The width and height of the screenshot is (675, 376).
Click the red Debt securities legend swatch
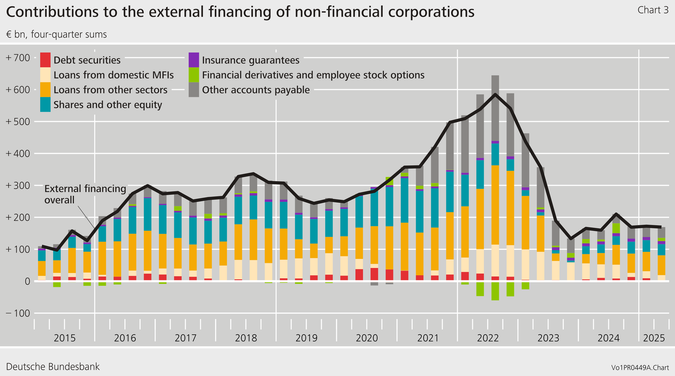[45, 60]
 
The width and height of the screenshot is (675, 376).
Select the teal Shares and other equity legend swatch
[45, 104]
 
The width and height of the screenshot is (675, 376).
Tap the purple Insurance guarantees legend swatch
[194, 60]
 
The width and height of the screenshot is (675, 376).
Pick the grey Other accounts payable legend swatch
[194, 90]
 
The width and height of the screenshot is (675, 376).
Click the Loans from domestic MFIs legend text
[113, 75]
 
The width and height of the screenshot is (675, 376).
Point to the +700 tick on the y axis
[18, 58]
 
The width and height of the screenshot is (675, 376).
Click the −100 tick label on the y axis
[18, 313]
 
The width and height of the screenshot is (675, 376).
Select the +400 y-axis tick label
[18, 154]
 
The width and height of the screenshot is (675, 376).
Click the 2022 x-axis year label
[488, 338]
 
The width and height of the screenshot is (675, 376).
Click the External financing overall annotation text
[85, 194]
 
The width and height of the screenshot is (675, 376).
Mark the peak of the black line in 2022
[495, 94]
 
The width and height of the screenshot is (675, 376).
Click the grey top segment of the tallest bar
[495, 108]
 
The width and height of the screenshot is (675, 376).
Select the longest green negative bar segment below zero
[495, 291]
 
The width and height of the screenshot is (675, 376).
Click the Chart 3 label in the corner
[653, 10]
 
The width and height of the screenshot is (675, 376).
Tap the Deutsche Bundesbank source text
[53, 367]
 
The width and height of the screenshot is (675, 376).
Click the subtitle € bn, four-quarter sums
[57, 35]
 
